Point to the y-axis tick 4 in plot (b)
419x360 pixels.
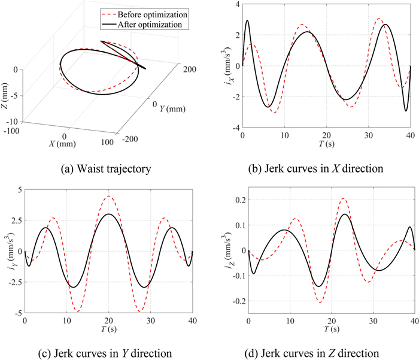[236, 5]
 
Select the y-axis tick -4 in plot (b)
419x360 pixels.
[235, 128]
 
